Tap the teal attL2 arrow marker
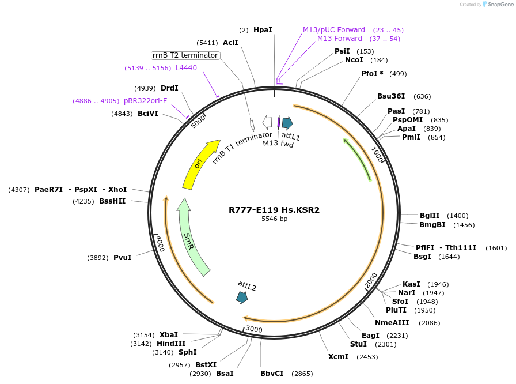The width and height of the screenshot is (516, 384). click(x=242, y=297)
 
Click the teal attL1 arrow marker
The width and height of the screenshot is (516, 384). click(x=287, y=122)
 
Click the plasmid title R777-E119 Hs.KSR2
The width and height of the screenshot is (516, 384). click(x=274, y=210)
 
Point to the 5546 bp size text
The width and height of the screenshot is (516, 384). click(x=274, y=219)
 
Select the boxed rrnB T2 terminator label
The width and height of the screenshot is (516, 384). click(x=185, y=55)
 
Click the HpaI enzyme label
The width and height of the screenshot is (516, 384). click(x=263, y=29)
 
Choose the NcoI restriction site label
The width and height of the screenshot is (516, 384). click(x=354, y=60)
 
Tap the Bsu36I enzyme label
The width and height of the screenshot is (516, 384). click(x=391, y=96)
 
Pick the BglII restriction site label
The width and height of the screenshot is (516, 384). click(x=430, y=215)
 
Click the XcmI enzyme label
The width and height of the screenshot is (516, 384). click(x=339, y=357)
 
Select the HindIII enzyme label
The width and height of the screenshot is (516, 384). click(x=171, y=343)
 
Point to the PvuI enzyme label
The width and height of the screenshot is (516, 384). click(x=122, y=258)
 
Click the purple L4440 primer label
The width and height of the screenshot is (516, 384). click(x=186, y=68)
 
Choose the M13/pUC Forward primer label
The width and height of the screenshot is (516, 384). click(x=334, y=30)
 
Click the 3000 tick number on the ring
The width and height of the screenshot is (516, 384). click(x=254, y=329)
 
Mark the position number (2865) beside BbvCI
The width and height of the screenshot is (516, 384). click(x=302, y=374)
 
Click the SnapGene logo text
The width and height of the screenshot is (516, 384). click(x=498, y=5)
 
